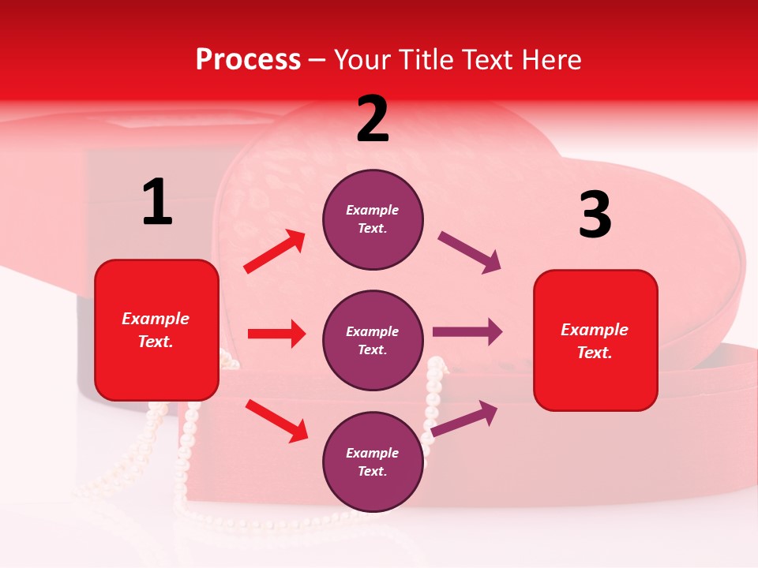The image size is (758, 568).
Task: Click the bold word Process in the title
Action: coord(248,60)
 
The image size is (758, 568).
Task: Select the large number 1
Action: coord(157,203)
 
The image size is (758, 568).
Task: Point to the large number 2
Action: coord(373,120)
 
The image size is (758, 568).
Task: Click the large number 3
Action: coord(595,215)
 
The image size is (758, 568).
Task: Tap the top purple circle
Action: coord(373,219)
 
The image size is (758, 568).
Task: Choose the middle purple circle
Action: coord(373,340)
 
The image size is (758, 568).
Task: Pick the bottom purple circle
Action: coord(373,461)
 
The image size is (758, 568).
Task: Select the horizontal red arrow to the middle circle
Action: coord(276,334)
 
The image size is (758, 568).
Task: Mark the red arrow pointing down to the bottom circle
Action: coord(276,420)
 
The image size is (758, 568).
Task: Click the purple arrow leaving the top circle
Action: coord(470,252)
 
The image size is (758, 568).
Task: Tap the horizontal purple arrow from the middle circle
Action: coord(467,332)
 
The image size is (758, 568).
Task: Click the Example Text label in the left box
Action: coord(156,330)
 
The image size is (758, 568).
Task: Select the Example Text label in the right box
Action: coord(595,341)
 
